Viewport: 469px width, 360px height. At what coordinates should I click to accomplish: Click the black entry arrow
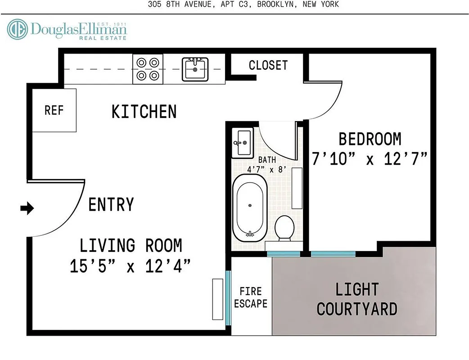(27, 208)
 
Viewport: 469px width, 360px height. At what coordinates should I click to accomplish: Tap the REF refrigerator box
(54, 110)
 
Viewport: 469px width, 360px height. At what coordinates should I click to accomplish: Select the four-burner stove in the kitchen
(148, 69)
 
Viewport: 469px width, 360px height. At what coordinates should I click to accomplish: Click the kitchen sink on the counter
(195, 69)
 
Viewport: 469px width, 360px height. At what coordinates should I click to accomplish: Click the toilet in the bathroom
(284, 229)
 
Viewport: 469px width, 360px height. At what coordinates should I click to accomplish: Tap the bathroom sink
(242, 143)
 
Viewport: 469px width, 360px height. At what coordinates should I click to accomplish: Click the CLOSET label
(268, 65)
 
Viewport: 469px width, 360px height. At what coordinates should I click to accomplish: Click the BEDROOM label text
(370, 139)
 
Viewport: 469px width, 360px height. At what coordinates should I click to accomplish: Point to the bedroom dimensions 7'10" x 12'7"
(370, 159)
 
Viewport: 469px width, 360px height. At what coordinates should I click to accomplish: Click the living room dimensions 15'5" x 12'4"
(131, 266)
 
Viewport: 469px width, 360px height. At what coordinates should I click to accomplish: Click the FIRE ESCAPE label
(251, 297)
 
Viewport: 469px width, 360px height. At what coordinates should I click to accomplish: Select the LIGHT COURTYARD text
(356, 299)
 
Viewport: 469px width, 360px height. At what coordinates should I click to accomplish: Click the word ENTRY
(111, 205)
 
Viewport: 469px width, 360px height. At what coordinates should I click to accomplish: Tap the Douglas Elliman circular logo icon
(17, 29)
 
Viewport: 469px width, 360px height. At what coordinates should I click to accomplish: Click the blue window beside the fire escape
(228, 297)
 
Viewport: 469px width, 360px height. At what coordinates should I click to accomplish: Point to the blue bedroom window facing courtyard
(333, 254)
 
